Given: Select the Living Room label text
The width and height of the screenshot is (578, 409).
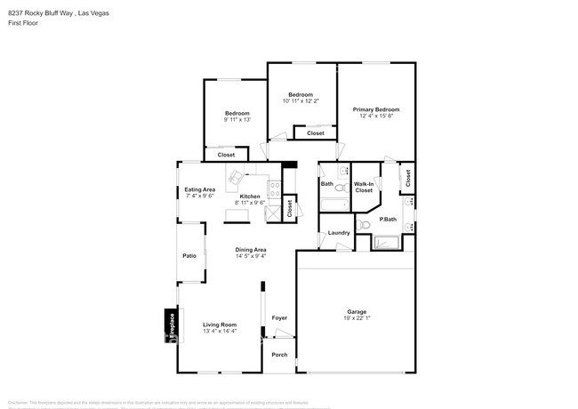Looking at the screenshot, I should [x=219, y=325].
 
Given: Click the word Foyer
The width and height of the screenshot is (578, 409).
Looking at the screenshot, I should [x=279, y=317].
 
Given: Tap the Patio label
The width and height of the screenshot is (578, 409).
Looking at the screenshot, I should [x=189, y=256].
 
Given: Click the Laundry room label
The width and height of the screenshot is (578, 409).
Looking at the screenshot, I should [x=338, y=233].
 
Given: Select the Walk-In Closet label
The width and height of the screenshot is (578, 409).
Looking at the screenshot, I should [x=364, y=188].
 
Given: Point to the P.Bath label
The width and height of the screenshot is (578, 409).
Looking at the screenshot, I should [x=388, y=219].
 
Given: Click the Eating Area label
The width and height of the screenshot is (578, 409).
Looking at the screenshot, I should [x=199, y=189].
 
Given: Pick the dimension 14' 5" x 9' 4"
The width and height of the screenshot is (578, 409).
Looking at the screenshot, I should [x=250, y=256].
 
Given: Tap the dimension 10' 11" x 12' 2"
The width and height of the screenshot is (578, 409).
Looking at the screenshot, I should [x=301, y=101].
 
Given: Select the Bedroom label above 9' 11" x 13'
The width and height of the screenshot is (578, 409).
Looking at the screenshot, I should [x=237, y=113].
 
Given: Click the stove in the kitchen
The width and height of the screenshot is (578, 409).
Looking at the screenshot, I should [x=275, y=188].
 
